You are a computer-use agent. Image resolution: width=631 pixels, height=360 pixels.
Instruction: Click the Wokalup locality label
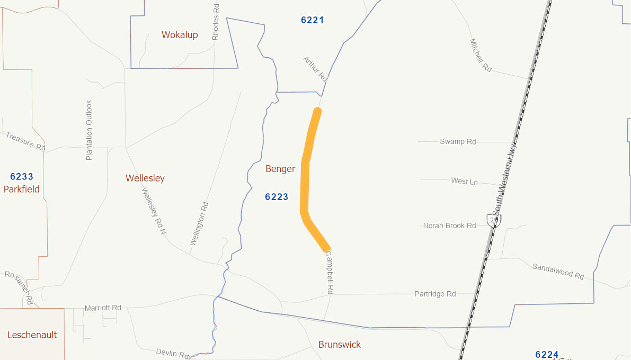click(180, 35)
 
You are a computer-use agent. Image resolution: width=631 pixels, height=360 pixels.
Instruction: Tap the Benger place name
click(280, 169)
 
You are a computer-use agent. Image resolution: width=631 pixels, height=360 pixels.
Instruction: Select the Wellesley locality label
click(145, 178)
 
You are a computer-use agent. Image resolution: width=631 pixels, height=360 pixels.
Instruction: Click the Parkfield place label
click(22, 189)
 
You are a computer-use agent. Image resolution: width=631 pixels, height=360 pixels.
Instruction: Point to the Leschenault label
click(32, 335)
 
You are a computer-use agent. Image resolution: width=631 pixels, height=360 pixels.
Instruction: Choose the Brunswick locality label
click(340, 345)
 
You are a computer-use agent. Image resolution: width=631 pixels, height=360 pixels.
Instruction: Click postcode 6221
click(312, 20)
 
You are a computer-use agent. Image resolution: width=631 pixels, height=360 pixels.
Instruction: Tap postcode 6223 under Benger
click(277, 197)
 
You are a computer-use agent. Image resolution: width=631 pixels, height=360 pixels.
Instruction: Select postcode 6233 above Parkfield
click(22, 176)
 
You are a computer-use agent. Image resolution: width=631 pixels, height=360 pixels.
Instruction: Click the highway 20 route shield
click(494, 219)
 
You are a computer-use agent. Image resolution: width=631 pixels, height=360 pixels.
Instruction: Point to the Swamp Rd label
click(458, 141)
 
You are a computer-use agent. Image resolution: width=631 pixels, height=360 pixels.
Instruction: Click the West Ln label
click(464, 182)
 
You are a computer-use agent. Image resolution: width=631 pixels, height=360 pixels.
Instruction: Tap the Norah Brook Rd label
click(449, 226)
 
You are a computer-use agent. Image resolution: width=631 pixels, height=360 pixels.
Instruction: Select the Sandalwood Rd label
click(558, 272)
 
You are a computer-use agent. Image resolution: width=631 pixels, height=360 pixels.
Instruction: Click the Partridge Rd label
click(435, 294)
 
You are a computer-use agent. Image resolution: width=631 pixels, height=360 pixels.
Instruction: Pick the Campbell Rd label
click(330, 272)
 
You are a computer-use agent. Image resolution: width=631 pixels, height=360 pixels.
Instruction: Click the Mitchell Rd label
click(481, 55)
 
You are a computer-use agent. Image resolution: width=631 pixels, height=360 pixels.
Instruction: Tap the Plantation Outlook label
click(89, 130)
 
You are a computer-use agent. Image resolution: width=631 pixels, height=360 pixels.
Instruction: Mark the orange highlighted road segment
click(305, 180)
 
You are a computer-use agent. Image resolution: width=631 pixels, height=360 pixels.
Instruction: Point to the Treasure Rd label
click(25, 141)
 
